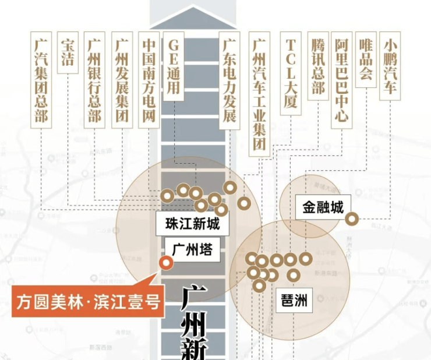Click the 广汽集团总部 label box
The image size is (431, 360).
click(41, 80)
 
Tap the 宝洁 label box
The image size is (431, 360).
click(68, 53)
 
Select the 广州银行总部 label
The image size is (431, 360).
click(94, 80)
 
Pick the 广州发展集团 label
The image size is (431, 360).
click(121, 80)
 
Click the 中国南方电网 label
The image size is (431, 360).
click(148, 80)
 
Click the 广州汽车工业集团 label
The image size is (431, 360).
click(259, 93)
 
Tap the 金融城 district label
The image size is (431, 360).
click(323, 207)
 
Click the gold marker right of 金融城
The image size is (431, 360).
click(352, 220)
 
